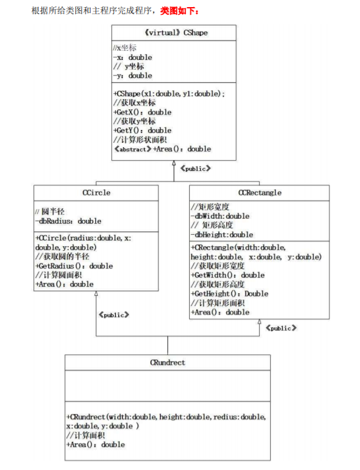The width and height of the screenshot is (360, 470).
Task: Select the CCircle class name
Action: click(x=96, y=192)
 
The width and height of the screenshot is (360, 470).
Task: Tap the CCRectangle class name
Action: click(x=259, y=192)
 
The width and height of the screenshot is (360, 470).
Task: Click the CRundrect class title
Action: click(x=167, y=363)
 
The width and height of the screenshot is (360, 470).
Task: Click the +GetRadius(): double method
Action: click(x=74, y=266)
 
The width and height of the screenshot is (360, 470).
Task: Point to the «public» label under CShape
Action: click(x=195, y=168)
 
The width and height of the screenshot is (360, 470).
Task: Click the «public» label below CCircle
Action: click(x=114, y=314)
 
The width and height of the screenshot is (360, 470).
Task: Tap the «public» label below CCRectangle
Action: click(x=281, y=327)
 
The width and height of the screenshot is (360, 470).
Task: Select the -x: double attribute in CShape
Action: click(x=132, y=57)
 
